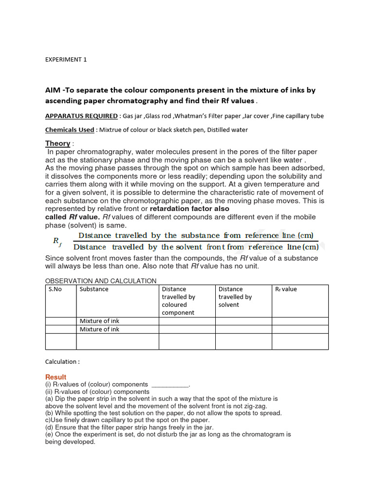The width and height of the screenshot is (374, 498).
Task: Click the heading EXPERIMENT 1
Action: (66, 59)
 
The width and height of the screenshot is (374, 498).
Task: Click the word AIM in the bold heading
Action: (54, 90)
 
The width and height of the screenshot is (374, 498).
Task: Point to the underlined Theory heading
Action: (58, 143)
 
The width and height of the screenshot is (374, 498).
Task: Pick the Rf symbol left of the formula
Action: (57, 241)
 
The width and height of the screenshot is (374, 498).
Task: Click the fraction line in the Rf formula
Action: (196, 241)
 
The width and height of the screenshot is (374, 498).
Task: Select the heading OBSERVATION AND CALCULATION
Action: (101, 281)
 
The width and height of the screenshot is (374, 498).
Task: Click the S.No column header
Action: (55, 289)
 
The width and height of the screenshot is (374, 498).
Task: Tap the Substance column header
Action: (94, 289)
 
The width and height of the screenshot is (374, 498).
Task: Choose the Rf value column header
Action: (286, 289)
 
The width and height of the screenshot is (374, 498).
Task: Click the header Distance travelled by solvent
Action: (235, 297)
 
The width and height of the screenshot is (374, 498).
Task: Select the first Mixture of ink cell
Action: (99, 321)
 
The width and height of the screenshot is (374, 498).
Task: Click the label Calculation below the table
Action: (62, 361)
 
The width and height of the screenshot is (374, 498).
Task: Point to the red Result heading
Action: (56, 377)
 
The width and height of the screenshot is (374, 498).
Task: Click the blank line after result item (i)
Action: (170, 384)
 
